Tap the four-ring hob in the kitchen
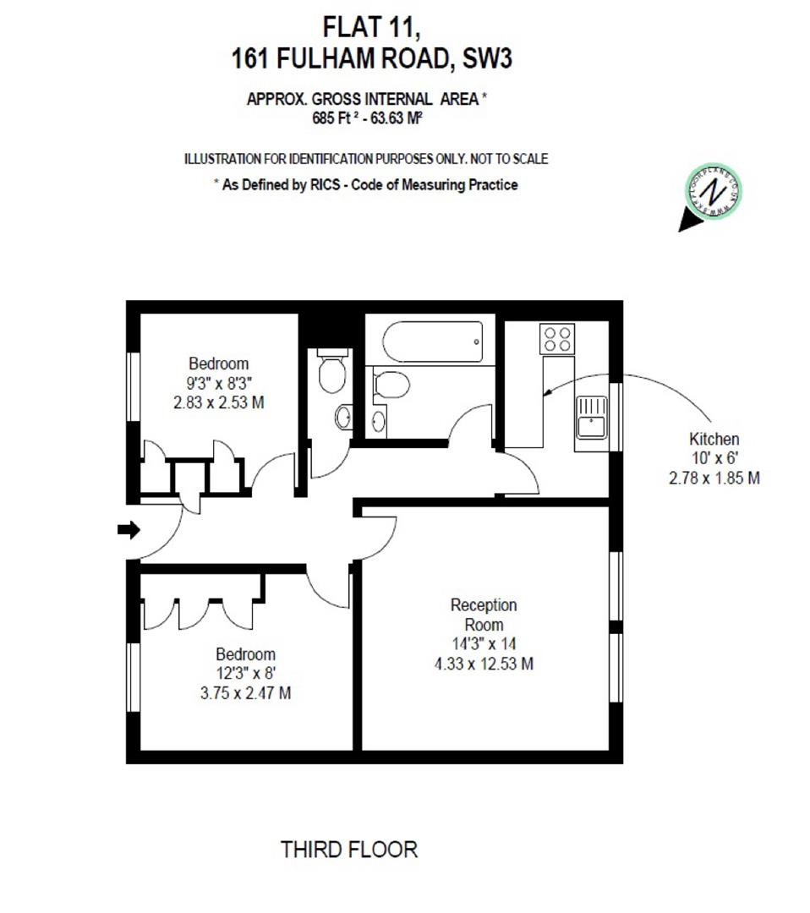pos(556,339)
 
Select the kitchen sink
pos(592,417)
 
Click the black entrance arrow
pos(129,530)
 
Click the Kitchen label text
pos(714,440)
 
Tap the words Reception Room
pos(483,615)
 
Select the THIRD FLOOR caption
pos(348,849)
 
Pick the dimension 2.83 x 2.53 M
pos(218,402)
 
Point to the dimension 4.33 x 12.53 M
pos(483,664)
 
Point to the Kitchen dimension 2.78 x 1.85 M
pos(714,478)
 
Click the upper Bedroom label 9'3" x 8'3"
pos(219,383)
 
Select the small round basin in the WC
pos(343,416)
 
